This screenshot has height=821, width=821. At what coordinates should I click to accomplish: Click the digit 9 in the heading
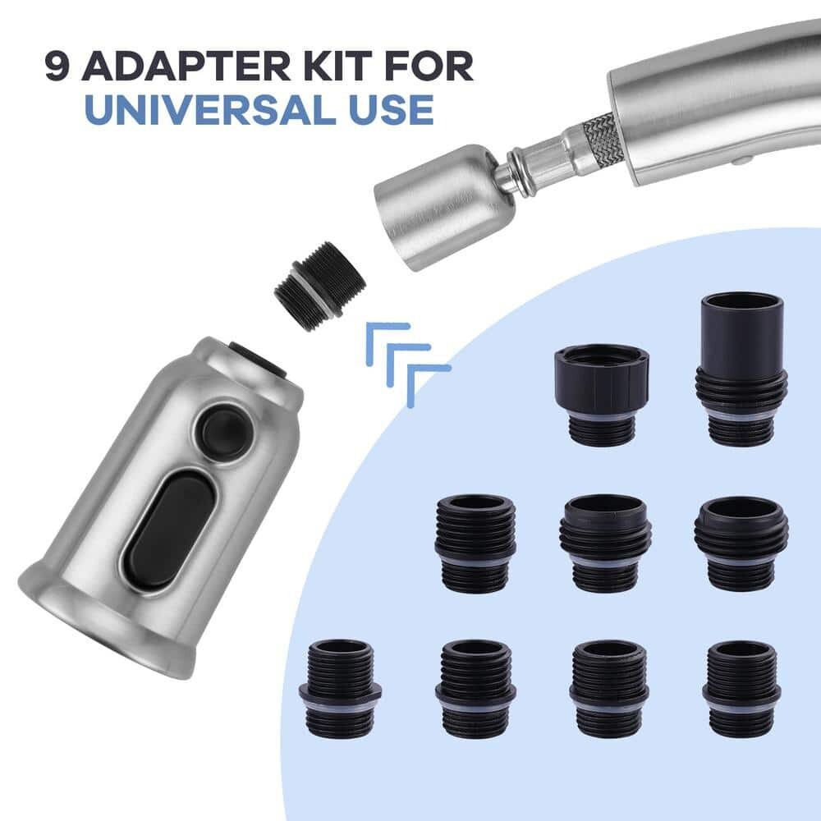tap(57, 66)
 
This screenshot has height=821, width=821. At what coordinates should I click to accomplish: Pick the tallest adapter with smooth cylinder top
tap(741, 369)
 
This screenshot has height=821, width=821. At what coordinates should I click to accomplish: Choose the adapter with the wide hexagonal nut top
tap(602, 396)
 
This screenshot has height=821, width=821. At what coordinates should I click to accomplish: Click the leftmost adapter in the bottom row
tap(340, 689)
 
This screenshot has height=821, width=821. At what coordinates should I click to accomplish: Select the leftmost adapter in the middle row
tap(475, 544)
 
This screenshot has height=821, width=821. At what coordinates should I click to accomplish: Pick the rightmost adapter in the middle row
tap(741, 544)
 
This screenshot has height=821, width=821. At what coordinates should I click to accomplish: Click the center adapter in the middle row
tap(606, 544)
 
